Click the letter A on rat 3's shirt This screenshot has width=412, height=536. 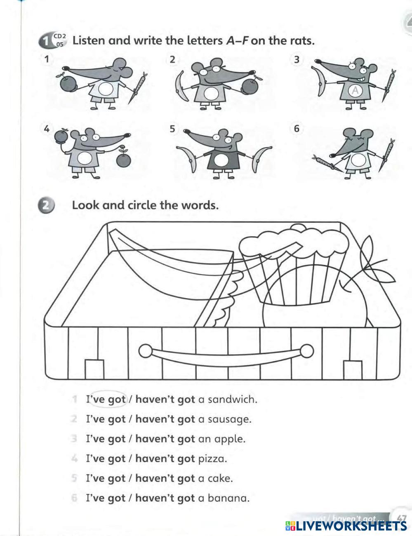pyautogui.click(x=354, y=91)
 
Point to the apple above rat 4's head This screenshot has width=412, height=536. pyautogui.click(x=61, y=136)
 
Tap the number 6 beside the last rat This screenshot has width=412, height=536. pyautogui.click(x=297, y=129)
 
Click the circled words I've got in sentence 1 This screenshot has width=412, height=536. pyautogui.click(x=106, y=399)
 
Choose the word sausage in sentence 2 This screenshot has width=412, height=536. pyautogui.click(x=229, y=419)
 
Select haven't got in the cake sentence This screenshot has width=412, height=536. pyautogui.click(x=165, y=478)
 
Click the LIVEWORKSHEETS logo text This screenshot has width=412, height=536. pyautogui.click(x=346, y=526)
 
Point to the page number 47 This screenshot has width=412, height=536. pyautogui.click(x=401, y=517)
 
